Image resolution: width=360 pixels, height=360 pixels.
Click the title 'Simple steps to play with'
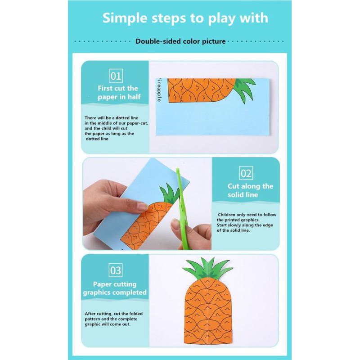coord(185,18)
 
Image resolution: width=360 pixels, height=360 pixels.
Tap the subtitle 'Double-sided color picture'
coord(180,41)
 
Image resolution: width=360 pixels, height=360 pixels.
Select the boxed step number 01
coord(116,75)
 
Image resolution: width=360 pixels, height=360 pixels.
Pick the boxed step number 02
coord(246,173)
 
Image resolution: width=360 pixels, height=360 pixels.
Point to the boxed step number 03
coord(116,270)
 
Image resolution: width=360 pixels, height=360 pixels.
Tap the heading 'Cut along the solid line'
coord(250,190)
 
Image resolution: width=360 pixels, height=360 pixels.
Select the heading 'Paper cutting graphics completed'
coord(115,288)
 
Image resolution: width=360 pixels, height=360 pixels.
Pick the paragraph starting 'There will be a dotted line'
coord(116,128)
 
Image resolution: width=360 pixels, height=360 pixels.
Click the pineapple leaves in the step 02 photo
coord(168,193)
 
